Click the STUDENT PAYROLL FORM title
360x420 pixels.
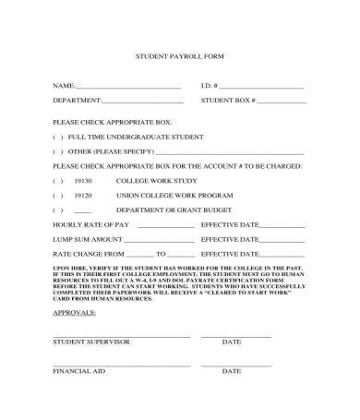coord(180,55)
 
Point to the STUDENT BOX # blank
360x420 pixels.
coord(280,100)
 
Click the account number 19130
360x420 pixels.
coord(83,181)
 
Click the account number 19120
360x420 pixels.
coord(83,196)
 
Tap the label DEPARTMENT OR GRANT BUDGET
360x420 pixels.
coord(161,210)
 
